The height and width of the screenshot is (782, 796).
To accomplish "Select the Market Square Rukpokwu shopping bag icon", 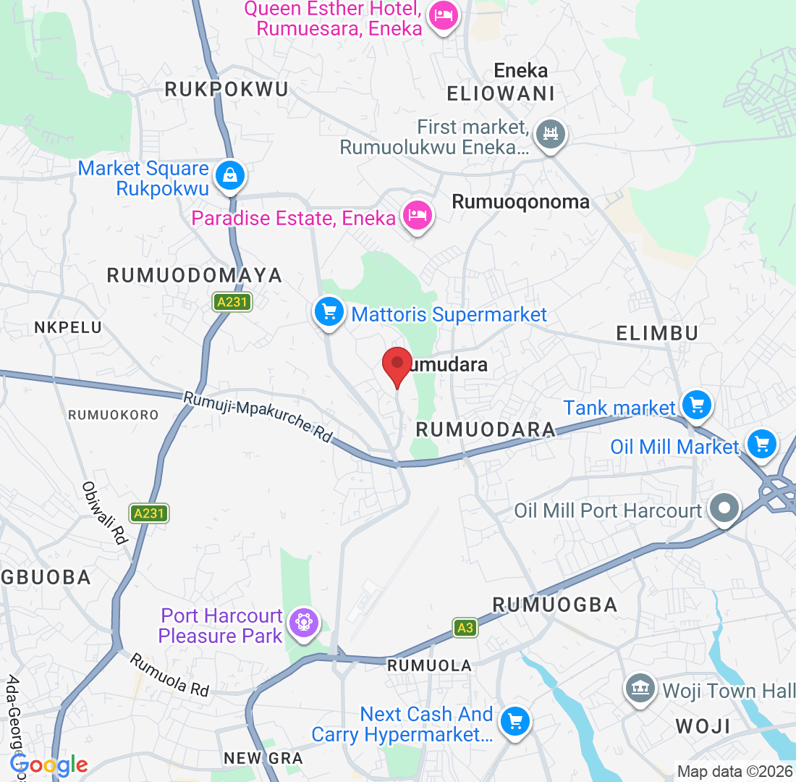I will [x=229, y=176].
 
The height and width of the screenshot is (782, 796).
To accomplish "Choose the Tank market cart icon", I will [x=697, y=405].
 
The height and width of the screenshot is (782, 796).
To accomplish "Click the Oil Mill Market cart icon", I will [x=761, y=443].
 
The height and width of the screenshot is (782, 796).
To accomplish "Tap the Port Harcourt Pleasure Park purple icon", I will [x=303, y=623].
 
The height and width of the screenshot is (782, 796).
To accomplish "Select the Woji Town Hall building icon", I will [x=640, y=688].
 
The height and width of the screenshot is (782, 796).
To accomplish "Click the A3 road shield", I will [x=465, y=628].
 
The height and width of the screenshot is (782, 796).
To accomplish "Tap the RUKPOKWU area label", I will [x=226, y=89].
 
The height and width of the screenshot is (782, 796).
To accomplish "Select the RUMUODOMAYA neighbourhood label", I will [x=195, y=275].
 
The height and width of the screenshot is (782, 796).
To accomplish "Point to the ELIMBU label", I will [x=657, y=333].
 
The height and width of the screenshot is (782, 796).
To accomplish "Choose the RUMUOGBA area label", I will [x=554, y=605].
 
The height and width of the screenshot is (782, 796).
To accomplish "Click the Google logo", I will [x=49, y=765].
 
